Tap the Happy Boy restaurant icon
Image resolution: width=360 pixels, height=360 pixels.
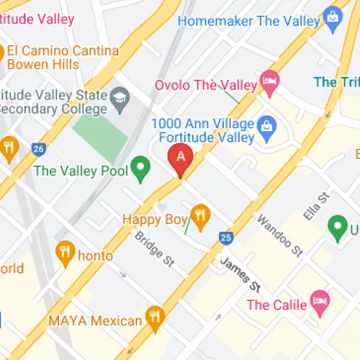200,214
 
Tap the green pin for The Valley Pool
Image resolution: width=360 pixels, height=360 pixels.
143,170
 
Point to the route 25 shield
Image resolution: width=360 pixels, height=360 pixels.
226,237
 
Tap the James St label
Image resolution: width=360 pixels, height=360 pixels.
239,275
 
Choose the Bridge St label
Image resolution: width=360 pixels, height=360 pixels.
154,248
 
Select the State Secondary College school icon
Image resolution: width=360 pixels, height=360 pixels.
119,96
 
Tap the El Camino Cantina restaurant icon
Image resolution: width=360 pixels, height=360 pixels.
2,52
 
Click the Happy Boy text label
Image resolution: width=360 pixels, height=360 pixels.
154,219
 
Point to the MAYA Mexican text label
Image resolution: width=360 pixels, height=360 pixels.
94,320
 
